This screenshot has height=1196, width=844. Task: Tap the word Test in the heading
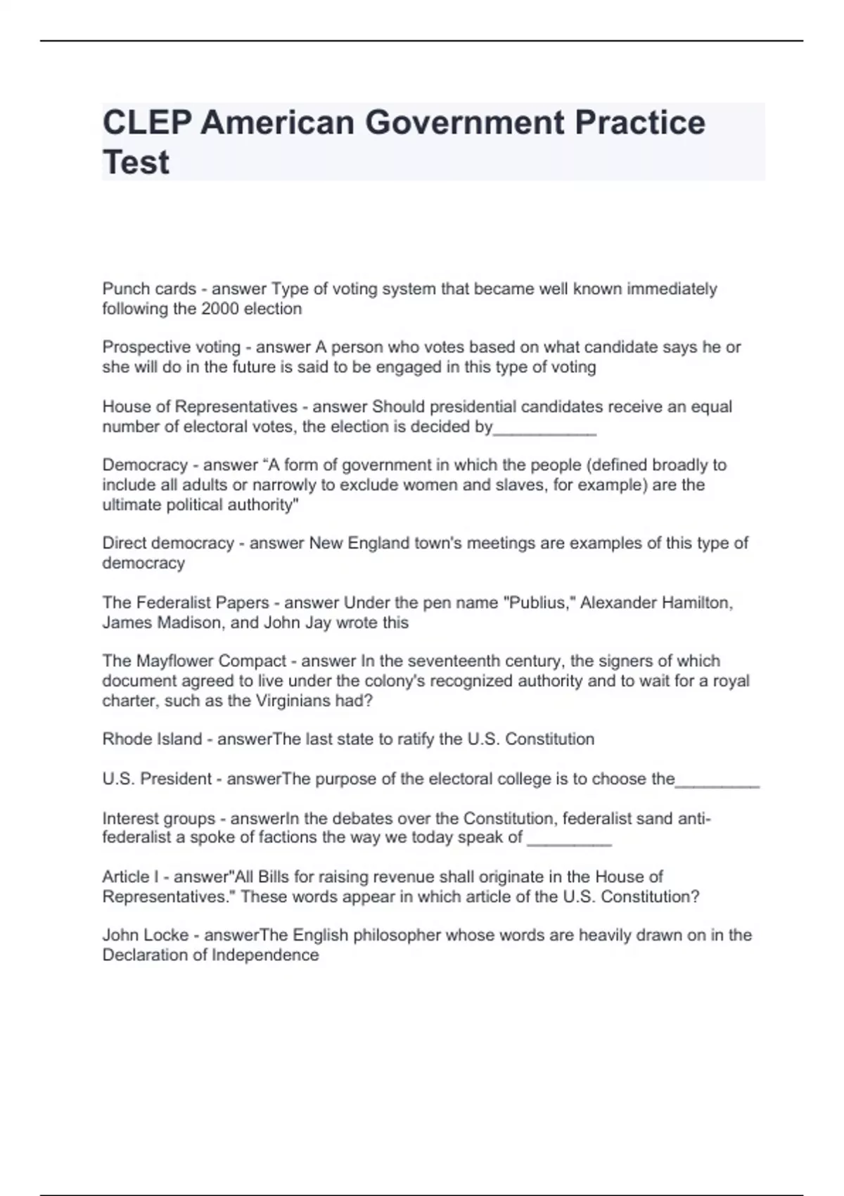coord(136,163)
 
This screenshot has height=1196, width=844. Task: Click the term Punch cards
coord(149,289)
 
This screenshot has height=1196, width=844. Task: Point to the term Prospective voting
coord(171,348)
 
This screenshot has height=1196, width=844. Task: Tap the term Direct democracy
coord(168,543)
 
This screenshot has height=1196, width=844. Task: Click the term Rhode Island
coord(152,739)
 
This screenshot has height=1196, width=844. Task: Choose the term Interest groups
coord(159,819)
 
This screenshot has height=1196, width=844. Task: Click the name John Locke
coord(146,936)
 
